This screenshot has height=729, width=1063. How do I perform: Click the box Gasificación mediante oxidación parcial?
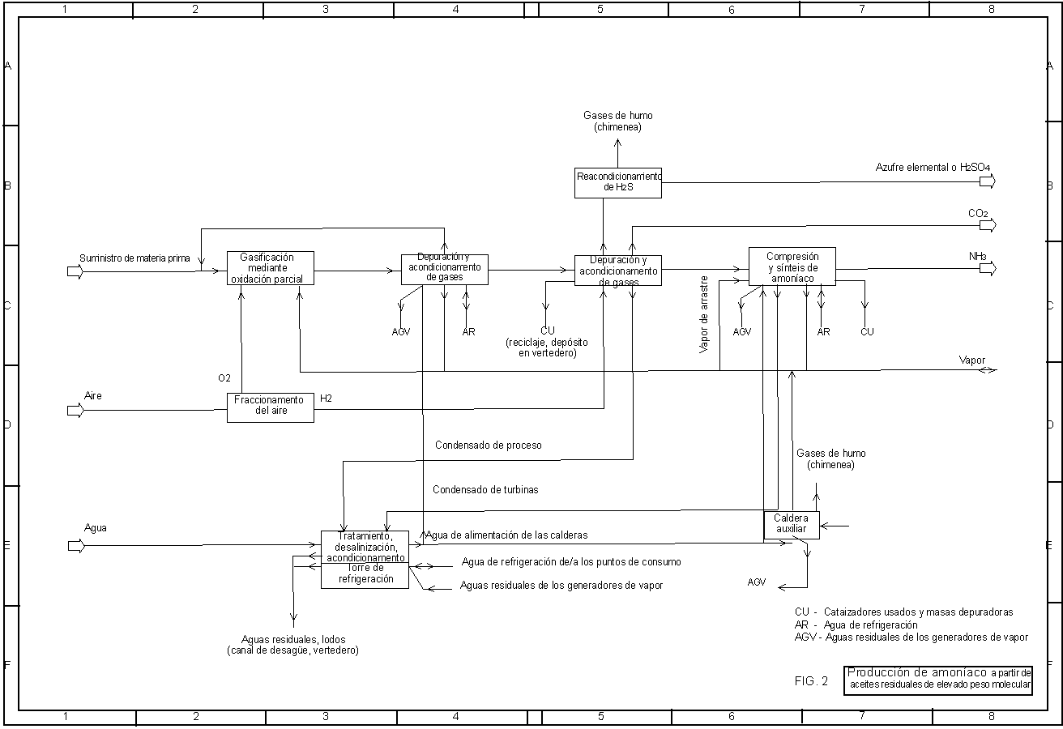270,268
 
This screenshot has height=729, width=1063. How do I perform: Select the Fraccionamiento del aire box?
270,406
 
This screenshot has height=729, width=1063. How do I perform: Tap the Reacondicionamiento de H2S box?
618,182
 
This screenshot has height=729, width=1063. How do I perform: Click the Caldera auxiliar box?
792,524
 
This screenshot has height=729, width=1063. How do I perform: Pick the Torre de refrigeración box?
365,574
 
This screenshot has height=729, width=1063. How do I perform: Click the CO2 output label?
978,213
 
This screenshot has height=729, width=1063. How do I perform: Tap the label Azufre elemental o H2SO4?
933,168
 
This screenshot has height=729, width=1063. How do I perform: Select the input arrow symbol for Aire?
75,410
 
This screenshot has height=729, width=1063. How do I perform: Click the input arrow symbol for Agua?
75,545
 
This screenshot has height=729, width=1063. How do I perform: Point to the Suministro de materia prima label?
134,258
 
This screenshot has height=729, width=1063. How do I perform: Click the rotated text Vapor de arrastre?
704,316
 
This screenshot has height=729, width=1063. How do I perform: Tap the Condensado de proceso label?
488,445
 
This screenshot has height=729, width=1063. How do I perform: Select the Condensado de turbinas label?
485,489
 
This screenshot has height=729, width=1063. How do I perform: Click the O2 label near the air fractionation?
224,378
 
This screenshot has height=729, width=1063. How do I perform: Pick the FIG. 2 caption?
811,681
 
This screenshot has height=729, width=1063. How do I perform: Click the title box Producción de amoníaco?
938,679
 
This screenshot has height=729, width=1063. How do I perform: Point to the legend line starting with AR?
856,625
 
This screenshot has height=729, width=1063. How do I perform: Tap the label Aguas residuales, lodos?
293,645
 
